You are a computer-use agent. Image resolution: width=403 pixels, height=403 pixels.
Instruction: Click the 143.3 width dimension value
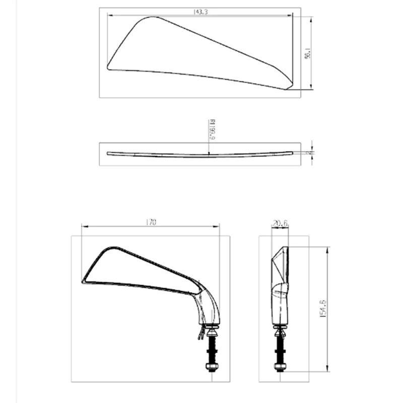(200, 12)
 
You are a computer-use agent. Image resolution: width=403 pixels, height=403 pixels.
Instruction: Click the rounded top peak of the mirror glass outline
(149, 18)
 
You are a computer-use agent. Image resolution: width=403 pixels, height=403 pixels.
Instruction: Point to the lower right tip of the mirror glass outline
(287, 89)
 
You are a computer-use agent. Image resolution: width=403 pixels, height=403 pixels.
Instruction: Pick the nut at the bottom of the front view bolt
(212, 366)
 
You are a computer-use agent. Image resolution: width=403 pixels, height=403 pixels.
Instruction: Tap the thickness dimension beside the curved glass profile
(312, 152)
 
